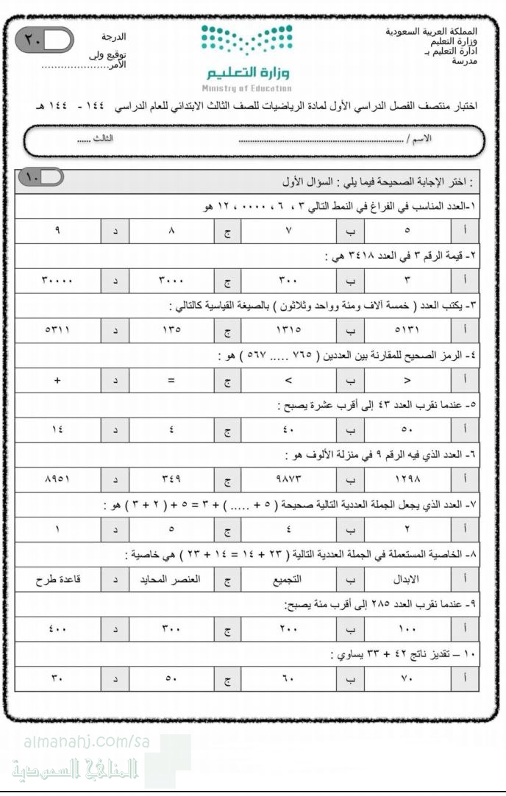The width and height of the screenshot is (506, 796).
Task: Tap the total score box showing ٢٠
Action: [44, 41]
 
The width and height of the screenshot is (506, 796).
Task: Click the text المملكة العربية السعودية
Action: [431, 32]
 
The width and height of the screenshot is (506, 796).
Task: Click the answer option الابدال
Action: [407, 578]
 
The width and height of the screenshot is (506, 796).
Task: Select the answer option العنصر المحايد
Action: [171, 578]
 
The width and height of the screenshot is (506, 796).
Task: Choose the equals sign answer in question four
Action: [171, 379]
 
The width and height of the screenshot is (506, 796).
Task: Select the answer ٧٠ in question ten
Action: [407, 678]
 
